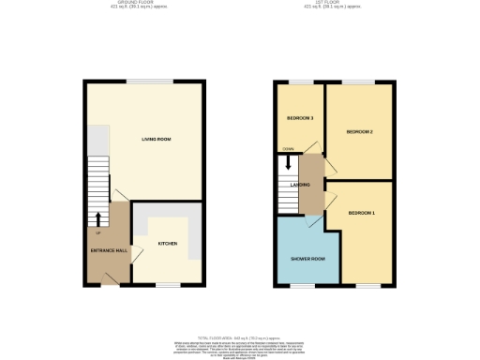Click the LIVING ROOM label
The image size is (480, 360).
click(156, 140)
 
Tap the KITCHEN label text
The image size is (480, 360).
click(168, 243)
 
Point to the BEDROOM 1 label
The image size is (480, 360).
click(361, 215)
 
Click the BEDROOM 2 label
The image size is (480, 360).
click(359, 131)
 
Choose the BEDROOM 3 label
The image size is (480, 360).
click(300, 118)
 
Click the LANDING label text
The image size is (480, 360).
click(302, 185)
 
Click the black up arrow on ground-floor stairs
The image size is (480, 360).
click(98, 219)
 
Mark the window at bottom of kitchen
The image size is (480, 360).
click(168, 284)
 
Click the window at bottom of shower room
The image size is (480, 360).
click(300, 284)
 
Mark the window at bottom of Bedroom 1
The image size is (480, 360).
click(361, 284)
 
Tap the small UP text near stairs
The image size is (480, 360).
click(97, 231)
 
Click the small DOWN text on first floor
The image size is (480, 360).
click(289, 149)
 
